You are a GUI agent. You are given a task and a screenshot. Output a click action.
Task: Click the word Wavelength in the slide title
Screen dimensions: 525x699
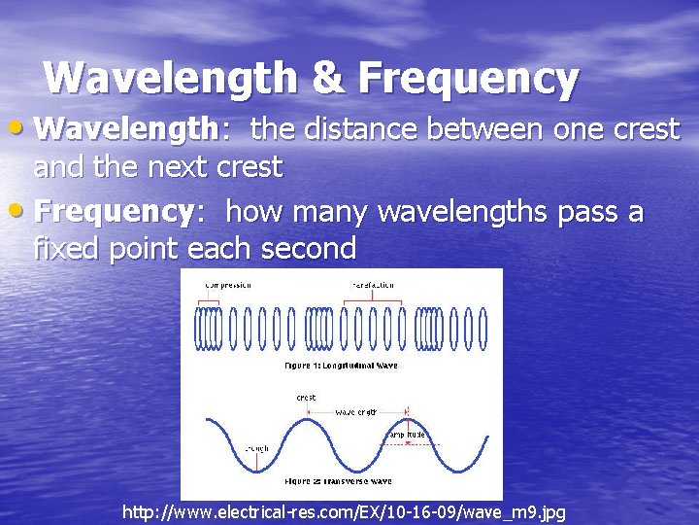click(171, 79)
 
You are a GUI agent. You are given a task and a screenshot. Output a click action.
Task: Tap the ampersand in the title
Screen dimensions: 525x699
click(328, 79)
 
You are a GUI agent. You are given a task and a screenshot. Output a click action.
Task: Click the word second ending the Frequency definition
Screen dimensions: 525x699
click(310, 249)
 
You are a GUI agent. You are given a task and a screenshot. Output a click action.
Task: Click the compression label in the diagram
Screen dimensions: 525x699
click(228, 285)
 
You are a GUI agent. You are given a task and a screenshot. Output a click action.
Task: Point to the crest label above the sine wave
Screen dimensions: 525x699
click(306, 398)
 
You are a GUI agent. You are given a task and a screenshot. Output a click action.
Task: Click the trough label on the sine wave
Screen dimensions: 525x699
click(230, 448)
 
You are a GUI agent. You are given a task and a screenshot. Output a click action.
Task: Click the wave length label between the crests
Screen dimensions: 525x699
click(356, 412)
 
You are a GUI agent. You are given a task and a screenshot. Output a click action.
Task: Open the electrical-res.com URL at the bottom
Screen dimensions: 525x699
click(344, 511)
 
